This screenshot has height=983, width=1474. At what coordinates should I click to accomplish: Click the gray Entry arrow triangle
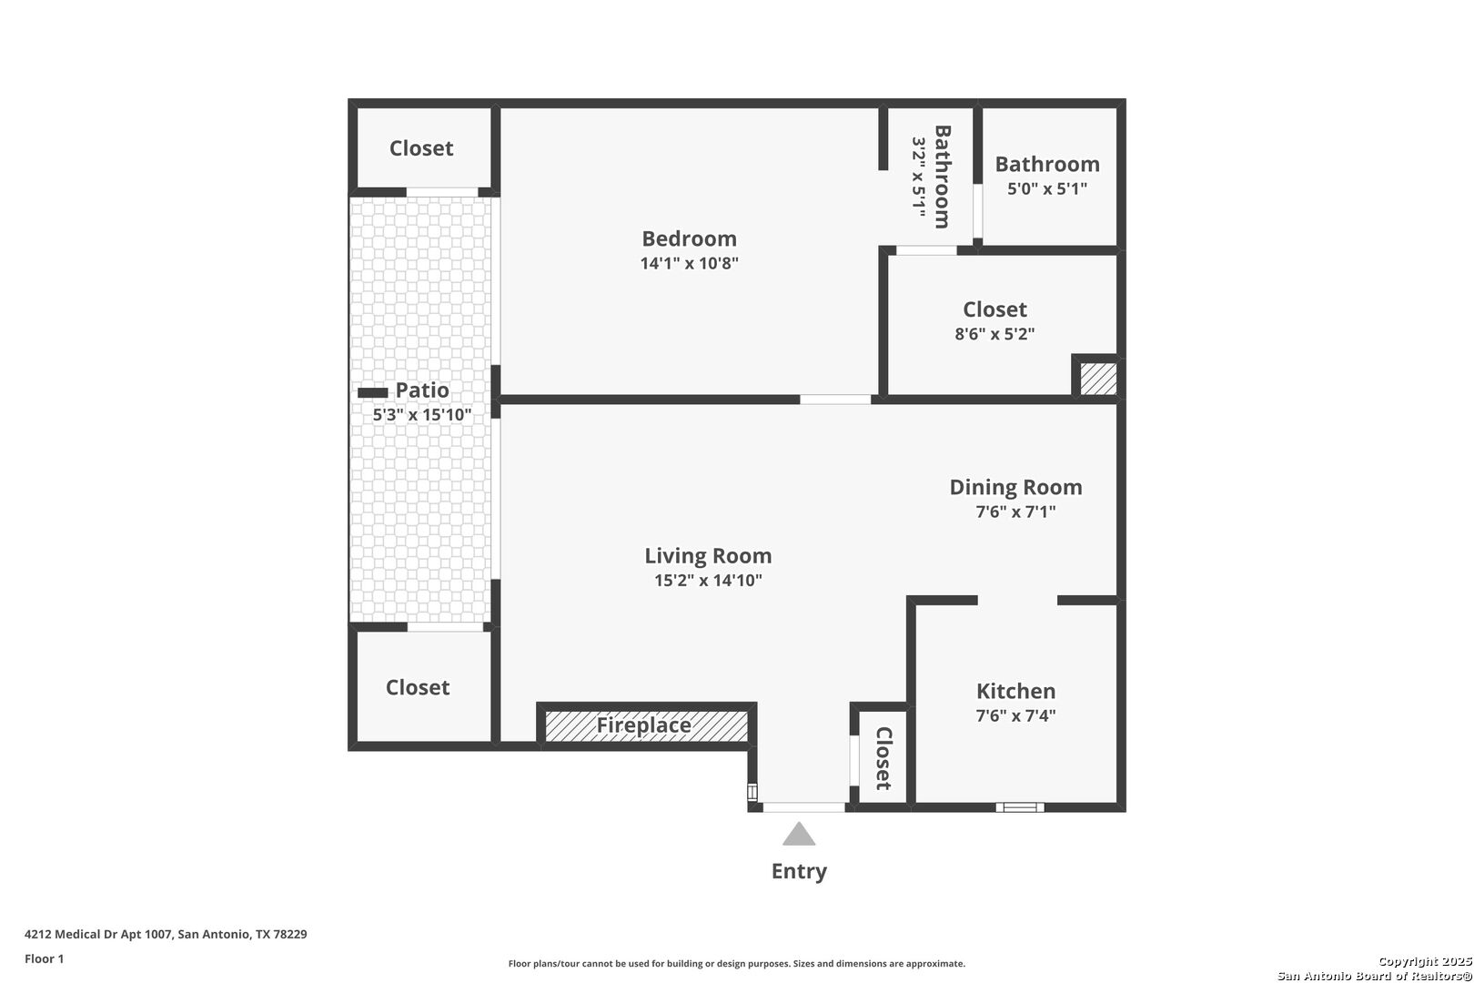[x=799, y=835]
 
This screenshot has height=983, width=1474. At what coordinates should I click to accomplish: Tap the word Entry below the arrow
[x=799, y=871]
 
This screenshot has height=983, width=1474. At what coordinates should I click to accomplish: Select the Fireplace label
[x=643, y=725]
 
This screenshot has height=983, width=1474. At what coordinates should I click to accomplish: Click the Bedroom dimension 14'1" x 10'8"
[x=690, y=263]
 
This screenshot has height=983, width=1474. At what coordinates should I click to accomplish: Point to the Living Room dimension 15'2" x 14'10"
[x=708, y=580]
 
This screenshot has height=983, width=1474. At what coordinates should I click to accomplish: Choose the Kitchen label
[x=1016, y=691]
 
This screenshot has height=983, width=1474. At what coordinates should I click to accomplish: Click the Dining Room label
[x=1016, y=487]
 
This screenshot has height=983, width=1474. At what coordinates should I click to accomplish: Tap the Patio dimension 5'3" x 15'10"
[x=422, y=415]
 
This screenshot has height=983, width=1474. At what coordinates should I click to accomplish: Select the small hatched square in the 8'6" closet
[x=1098, y=379]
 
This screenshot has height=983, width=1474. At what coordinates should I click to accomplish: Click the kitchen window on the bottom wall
[x=1019, y=807]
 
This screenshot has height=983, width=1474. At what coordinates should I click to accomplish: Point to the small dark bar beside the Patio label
[x=372, y=392]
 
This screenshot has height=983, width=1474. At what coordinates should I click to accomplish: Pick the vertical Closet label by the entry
[x=883, y=758]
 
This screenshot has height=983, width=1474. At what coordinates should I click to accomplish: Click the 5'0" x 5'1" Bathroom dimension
[x=1047, y=189]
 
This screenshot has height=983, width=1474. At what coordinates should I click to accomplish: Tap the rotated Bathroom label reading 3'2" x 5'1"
[x=932, y=177]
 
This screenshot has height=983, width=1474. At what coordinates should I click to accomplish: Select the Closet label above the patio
[x=421, y=148]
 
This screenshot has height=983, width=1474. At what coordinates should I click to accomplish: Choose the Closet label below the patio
[x=418, y=687]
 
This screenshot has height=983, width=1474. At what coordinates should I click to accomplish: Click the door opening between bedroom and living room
[x=835, y=400]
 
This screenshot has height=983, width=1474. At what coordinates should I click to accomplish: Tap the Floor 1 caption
[x=44, y=958]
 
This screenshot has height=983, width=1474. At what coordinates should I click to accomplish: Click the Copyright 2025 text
[x=1425, y=961]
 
